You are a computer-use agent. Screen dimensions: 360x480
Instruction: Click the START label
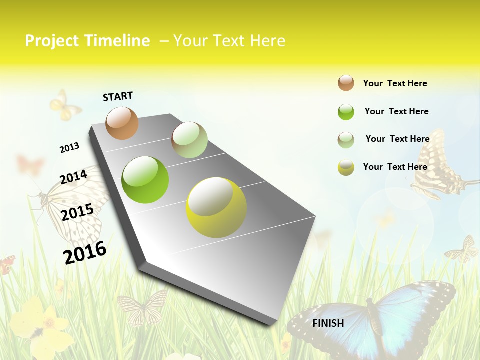tap(118, 96)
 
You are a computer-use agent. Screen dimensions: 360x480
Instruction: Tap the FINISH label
tap(328, 323)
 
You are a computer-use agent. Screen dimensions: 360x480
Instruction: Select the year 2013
tap(69, 148)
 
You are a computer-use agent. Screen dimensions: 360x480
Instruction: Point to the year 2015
tap(77, 212)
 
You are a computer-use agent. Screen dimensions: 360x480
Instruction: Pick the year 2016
tap(85, 252)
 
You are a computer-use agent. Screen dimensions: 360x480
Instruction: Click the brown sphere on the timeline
tap(122, 123)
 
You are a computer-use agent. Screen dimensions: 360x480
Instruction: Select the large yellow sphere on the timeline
tap(216, 207)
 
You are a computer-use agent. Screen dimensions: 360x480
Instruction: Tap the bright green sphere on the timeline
tap(145, 180)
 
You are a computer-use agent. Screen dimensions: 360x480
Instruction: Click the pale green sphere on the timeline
tap(189, 140)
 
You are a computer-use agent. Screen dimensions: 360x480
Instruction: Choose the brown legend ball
tap(346, 83)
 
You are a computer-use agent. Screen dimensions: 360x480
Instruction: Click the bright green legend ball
tap(346, 112)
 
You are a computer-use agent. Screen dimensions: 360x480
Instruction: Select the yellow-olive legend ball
tap(346, 167)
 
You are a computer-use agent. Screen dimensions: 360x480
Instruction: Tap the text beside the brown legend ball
tap(395, 83)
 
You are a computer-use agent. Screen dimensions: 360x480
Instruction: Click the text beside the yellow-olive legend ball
tap(395, 167)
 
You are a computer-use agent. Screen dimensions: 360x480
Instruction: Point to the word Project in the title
tap(52, 41)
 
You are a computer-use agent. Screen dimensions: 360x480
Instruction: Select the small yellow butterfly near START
tap(65, 105)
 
